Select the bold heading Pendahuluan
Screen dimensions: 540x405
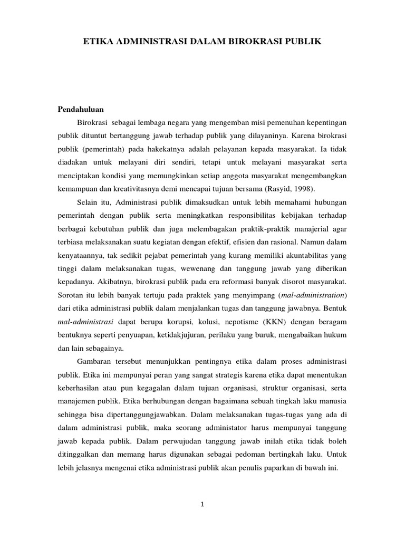(81, 109)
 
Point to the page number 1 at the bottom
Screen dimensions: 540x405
(202, 504)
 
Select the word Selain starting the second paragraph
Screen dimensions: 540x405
(88, 201)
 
